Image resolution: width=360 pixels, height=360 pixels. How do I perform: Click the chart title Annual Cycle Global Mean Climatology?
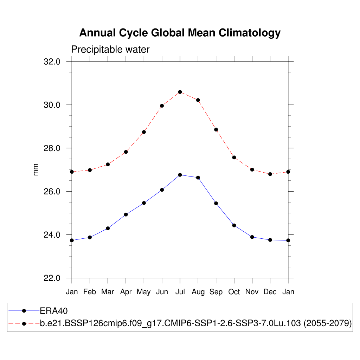pos(180,33)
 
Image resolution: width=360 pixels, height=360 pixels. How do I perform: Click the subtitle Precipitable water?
pos(110,50)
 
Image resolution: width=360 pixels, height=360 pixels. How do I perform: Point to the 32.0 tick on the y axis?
pos(52,62)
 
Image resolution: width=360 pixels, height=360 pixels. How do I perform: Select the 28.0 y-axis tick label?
pos(52,148)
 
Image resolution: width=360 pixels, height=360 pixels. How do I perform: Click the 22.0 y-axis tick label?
pos(52,278)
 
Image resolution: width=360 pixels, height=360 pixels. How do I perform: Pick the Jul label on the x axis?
pos(180,292)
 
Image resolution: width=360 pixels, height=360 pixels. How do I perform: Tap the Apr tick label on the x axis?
pos(126,292)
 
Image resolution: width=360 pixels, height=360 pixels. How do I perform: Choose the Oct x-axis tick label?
pos(234,292)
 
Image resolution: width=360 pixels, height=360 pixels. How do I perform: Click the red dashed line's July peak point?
pos(180,92)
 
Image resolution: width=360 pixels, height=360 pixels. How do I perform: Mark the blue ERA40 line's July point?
pos(180,175)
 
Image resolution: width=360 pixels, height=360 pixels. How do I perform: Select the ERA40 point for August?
pos(198,178)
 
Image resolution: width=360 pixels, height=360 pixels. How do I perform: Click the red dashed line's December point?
pos(270,174)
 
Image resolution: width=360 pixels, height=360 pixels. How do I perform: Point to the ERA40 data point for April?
pos(126,214)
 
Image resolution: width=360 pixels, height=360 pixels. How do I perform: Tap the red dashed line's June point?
pos(162,105)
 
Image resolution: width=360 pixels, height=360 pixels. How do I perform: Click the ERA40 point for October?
pos(234,225)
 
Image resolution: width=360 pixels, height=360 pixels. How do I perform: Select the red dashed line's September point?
pos(216,130)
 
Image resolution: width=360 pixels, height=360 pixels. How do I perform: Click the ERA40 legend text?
pos(53,311)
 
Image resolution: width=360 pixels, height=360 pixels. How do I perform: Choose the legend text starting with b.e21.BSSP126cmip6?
pos(196,323)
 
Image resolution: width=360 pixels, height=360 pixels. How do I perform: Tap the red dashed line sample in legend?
pos(24,323)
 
